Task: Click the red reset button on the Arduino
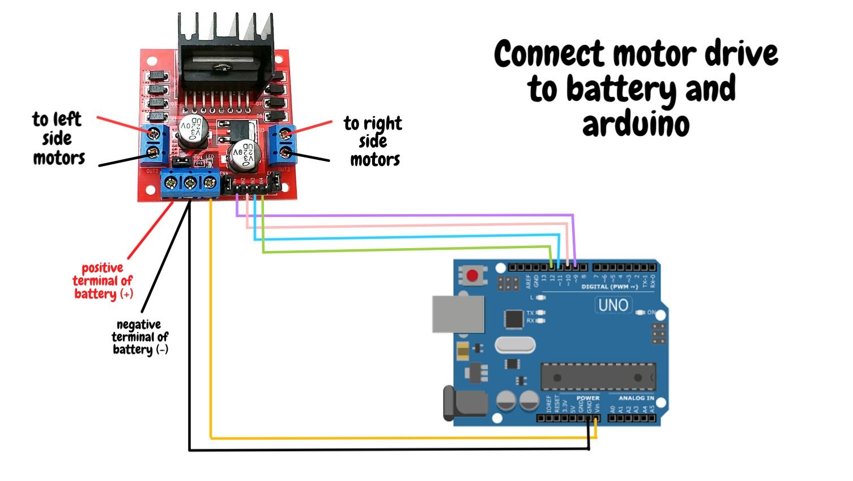[x=472, y=276]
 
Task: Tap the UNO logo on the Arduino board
[x=613, y=305]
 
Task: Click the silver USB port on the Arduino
[x=458, y=313]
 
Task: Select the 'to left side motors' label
[x=58, y=138]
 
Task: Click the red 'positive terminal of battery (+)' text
[x=103, y=281]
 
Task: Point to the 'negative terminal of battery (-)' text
[x=140, y=337]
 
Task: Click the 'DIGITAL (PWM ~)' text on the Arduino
[x=609, y=287]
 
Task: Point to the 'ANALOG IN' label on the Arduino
[x=636, y=398]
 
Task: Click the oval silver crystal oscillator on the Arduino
[x=515, y=344]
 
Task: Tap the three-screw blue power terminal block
[x=190, y=183]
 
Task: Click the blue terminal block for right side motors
[x=283, y=143]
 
